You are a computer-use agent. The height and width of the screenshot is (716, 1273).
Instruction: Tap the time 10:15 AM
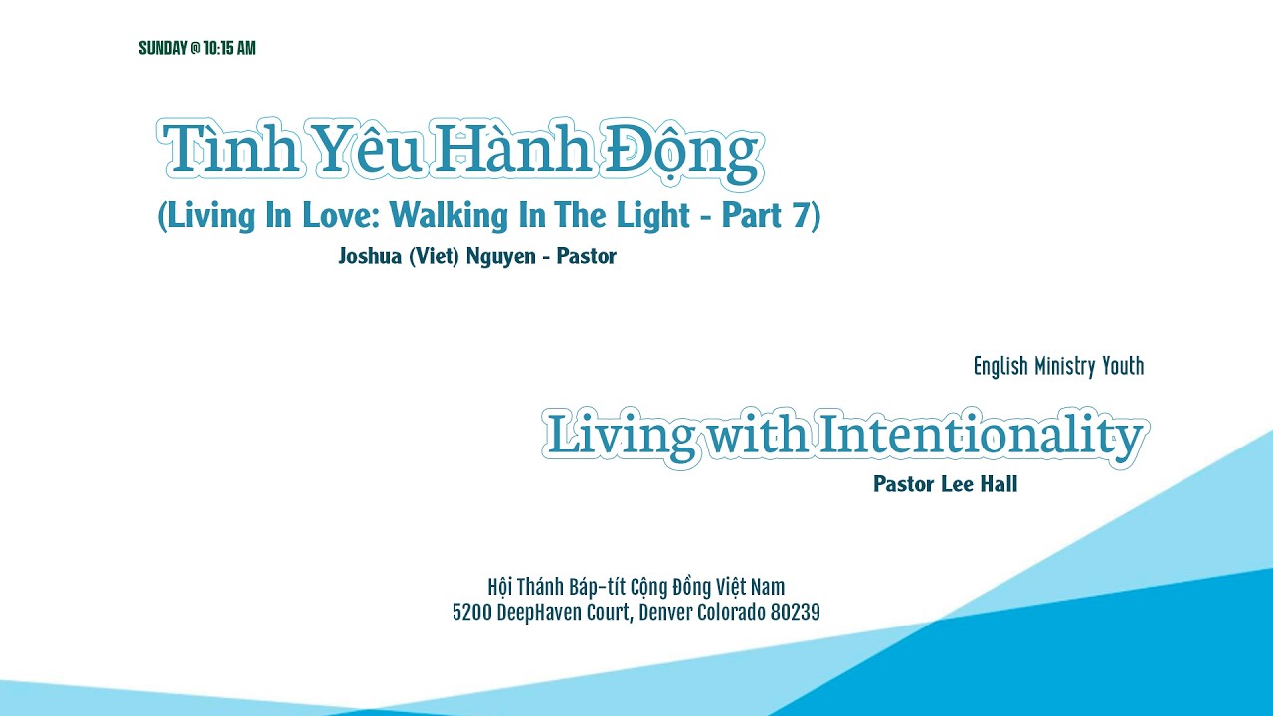pyautogui.click(x=229, y=48)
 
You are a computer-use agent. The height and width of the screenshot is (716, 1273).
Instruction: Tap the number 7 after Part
pyautogui.click(x=803, y=215)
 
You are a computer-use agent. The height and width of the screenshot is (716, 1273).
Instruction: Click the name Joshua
pyautogui.click(x=368, y=256)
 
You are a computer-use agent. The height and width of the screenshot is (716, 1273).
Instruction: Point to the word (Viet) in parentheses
pyautogui.click(x=434, y=256)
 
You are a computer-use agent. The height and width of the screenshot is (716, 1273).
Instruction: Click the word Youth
pyautogui.click(x=1123, y=367)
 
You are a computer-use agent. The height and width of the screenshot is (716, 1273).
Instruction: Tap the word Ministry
pyautogui.click(x=1064, y=367)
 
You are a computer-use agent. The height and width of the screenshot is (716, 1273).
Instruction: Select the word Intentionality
pyautogui.click(x=981, y=437)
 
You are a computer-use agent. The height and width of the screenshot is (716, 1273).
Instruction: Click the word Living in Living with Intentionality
pyautogui.click(x=621, y=437)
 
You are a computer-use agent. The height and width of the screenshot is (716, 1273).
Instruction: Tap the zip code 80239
pyautogui.click(x=796, y=612)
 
